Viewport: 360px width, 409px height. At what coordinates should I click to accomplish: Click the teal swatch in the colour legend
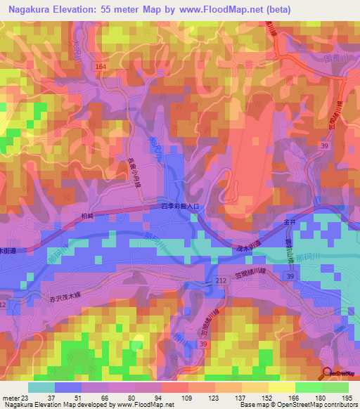[x=41, y=387]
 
